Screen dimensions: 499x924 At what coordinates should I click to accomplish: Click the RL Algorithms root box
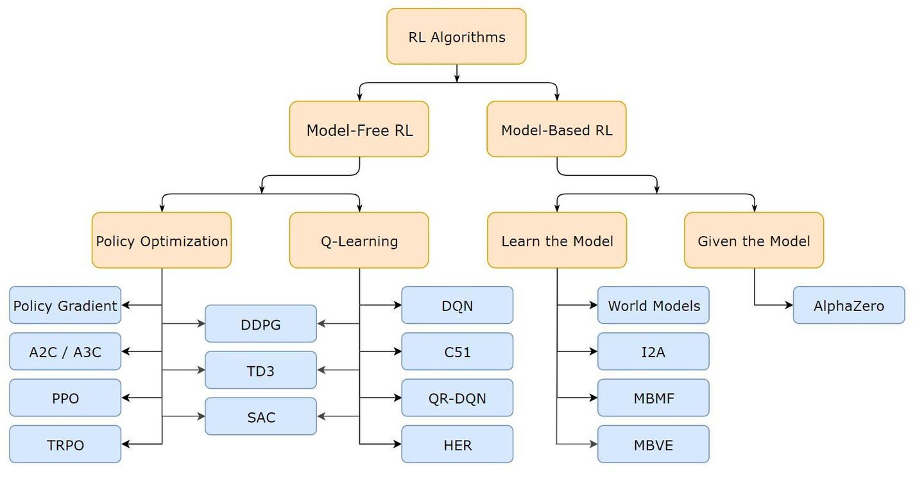[x=456, y=37]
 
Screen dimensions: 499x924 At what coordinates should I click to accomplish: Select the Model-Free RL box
[x=359, y=130]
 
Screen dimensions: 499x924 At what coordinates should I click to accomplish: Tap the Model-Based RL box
[x=556, y=130]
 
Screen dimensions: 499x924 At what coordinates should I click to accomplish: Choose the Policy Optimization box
[x=162, y=241]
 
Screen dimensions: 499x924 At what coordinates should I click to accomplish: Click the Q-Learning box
[x=359, y=241]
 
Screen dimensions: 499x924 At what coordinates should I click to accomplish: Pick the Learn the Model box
[x=557, y=241]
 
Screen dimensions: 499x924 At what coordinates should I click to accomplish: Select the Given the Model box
[x=754, y=241]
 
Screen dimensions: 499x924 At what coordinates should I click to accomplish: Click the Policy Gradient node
[x=65, y=305]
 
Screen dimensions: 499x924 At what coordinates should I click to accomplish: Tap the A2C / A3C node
[x=65, y=351]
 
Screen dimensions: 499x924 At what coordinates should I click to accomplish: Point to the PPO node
[x=65, y=398]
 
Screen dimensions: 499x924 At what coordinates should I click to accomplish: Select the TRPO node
[x=65, y=444]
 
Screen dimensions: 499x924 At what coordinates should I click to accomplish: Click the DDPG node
[x=261, y=324]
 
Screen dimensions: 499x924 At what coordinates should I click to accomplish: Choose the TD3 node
[x=261, y=370]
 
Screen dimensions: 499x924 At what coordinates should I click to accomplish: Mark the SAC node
[x=261, y=417]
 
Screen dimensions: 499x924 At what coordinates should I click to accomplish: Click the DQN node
[x=458, y=305]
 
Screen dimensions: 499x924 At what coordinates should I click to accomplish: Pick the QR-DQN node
[x=458, y=398]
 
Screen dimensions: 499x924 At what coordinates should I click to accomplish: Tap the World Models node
[x=653, y=305]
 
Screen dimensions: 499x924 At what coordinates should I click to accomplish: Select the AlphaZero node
[x=849, y=305]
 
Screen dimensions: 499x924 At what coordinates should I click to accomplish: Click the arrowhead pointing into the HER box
[x=397, y=444]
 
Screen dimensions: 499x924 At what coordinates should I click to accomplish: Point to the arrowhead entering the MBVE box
[x=594, y=444]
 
